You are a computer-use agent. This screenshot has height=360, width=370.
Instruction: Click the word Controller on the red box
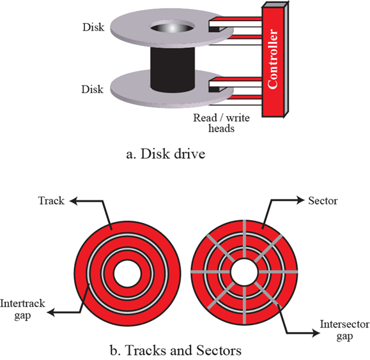[x=273, y=59]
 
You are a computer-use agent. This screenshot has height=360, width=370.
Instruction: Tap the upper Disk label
[x=93, y=27]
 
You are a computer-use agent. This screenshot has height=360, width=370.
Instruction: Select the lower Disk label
[x=93, y=89]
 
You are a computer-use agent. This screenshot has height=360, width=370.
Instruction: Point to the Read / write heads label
[x=221, y=123]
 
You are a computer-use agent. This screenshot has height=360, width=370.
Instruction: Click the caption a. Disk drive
[x=166, y=154]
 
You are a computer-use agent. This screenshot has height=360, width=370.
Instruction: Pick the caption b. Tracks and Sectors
[x=176, y=350]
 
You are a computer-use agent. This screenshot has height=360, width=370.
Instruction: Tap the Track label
[x=51, y=200]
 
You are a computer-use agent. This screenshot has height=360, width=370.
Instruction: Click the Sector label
[x=323, y=200]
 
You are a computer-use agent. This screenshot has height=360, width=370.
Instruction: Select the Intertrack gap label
[x=22, y=310]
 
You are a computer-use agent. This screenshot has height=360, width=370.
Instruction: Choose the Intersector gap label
[x=344, y=330]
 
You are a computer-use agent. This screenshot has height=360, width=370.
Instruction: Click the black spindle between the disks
[x=173, y=70]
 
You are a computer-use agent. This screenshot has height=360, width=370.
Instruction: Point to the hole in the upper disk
[x=173, y=28]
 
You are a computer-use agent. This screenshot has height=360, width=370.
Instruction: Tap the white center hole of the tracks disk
[x=127, y=273]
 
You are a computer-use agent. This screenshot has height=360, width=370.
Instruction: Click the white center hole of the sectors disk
[x=245, y=272]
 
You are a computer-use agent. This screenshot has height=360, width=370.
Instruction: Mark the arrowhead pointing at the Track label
[x=73, y=201]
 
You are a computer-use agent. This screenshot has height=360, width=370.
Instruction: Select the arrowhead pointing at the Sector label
[x=300, y=200]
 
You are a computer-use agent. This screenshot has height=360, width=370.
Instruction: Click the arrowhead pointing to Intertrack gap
[x=51, y=313]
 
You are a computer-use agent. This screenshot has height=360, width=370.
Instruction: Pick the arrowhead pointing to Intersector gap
[x=316, y=333]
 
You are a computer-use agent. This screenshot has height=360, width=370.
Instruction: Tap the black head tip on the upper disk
[x=214, y=29]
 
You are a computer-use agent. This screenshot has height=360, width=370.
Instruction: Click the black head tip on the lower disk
[x=214, y=89]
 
